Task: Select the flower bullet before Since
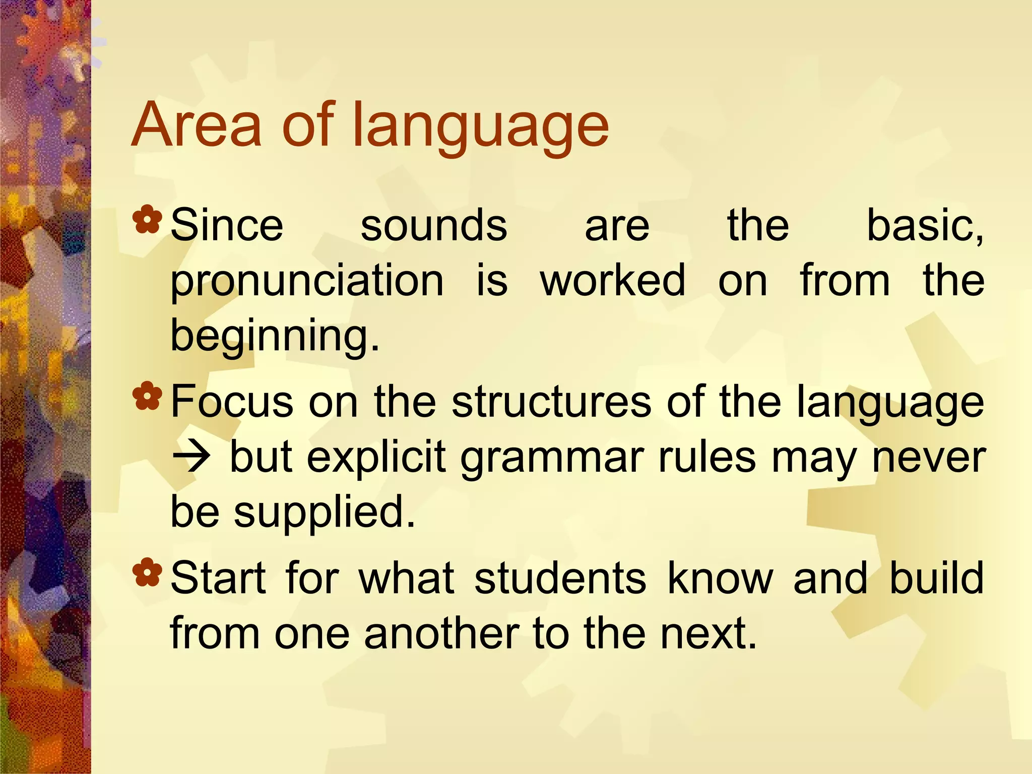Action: pos(148,221)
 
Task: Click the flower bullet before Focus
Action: pos(148,397)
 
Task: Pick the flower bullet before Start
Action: pos(148,573)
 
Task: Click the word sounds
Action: pos(434,225)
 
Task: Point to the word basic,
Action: pos(925,225)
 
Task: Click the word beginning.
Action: pos(275,337)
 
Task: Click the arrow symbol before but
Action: pos(190,458)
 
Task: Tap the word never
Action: pos(928,458)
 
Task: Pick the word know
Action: pos(721,578)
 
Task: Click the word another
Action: pos(441,633)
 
